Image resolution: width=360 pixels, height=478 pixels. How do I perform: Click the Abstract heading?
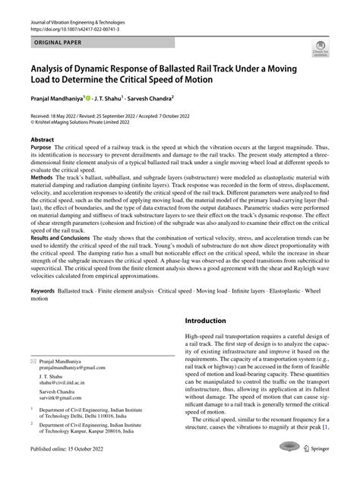point(42,141)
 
